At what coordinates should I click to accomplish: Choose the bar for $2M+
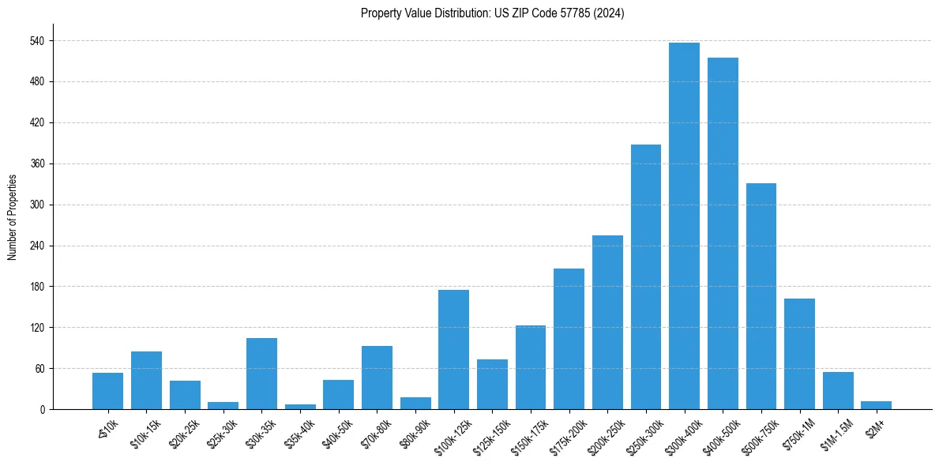876,405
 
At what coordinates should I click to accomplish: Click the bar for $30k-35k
261,374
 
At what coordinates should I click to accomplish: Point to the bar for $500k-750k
761,296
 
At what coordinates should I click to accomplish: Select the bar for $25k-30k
223,405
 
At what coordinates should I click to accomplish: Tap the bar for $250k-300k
645,276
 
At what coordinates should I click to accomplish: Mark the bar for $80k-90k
415,403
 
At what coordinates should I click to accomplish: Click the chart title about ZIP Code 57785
492,13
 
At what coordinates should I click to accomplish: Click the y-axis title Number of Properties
13,216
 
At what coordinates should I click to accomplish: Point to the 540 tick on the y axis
37,40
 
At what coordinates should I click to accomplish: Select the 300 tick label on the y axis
37,205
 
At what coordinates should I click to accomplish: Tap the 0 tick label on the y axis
43,409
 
